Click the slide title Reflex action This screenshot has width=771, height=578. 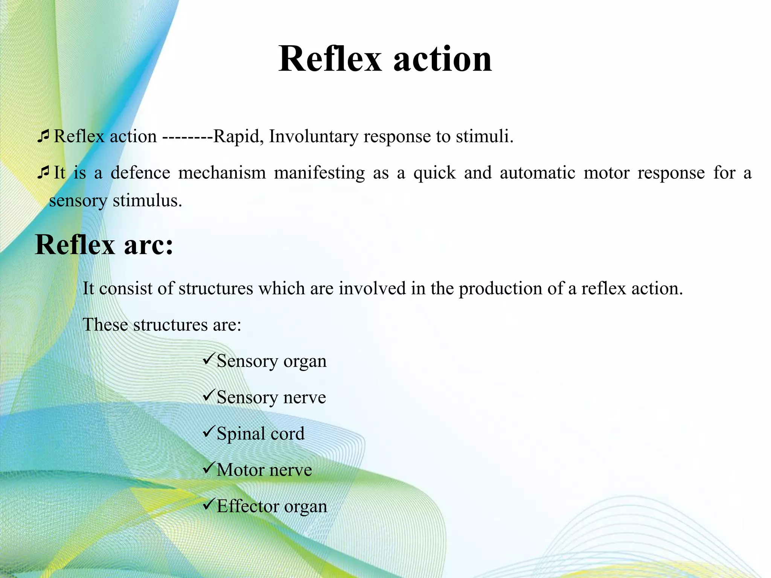tap(385, 59)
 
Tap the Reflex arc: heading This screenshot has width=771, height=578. tap(104, 245)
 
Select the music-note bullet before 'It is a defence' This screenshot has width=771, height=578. tap(43, 172)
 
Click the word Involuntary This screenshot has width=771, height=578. tap(313, 136)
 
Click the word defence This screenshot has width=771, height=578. tap(140, 173)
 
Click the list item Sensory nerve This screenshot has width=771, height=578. tap(271, 397)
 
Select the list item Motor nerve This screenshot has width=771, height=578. tap(264, 470)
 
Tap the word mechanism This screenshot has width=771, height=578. tap(222, 173)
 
